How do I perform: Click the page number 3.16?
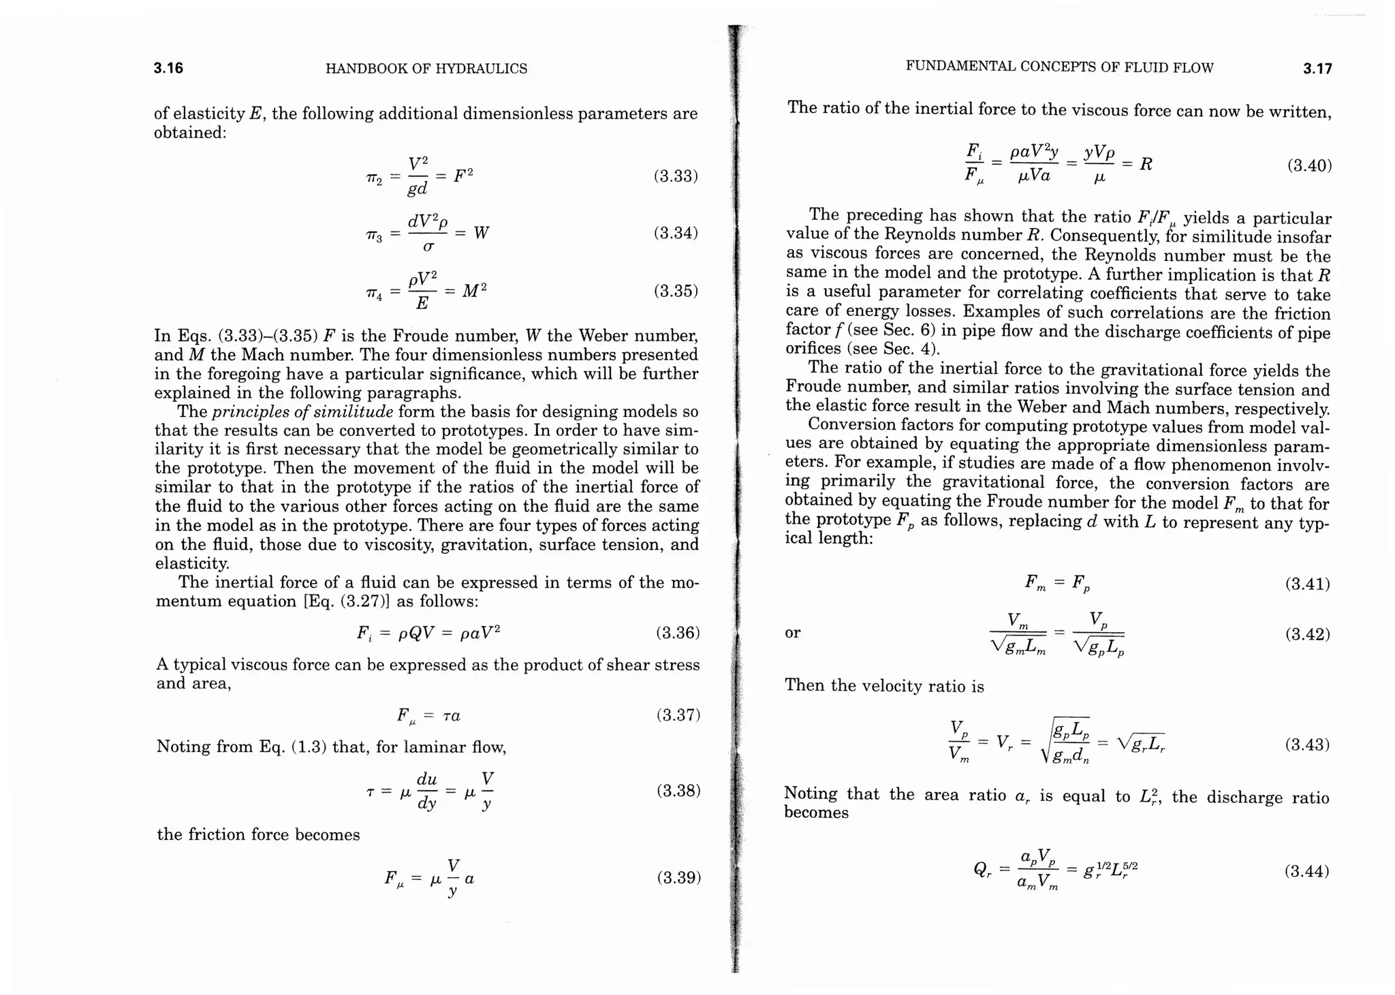pos(168,68)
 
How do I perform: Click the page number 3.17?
pos(1317,68)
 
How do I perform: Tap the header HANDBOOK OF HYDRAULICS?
pos(426,69)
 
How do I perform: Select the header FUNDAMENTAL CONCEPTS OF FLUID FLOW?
pos(1059,67)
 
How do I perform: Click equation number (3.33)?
pos(676,176)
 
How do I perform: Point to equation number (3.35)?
pos(676,291)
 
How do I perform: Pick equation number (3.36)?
pos(678,633)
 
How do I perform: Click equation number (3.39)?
pos(678,877)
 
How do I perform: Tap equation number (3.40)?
pos(1309,165)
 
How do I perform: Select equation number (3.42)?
pos(1307,634)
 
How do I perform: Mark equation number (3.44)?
pos(1306,871)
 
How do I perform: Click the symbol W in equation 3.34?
pos(481,233)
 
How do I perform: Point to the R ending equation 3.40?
pos(1146,164)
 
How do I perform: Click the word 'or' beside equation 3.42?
pos(792,633)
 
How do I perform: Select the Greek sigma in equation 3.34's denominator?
pos(428,247)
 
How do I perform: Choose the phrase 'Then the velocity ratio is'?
pos(883,685)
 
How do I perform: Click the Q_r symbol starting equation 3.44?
pos(981,871)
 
